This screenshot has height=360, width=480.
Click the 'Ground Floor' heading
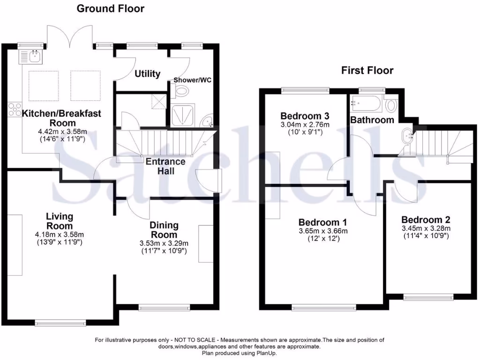coord(110,8)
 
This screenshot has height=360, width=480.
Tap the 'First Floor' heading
coord(367,71)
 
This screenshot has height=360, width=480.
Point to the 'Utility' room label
coord(148,74)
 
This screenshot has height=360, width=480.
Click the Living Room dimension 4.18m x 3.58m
coord(59,234)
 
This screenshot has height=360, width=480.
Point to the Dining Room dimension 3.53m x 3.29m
coord(164,243)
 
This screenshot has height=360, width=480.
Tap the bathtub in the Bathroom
coord(366,103)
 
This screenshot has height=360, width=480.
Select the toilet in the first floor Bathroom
coord(389,104)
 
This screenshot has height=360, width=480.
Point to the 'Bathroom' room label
coord(372,120)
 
